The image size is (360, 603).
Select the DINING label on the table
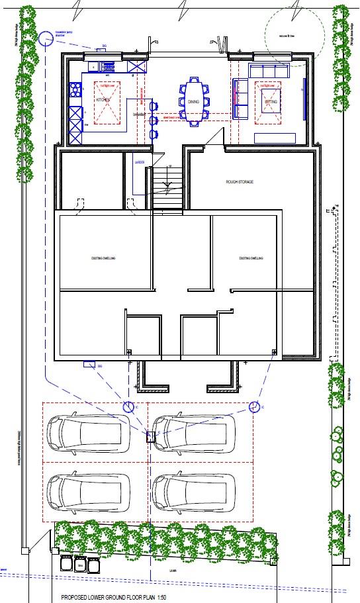(x=194, y=102)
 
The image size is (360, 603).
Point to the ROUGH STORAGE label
(x=240, y=181)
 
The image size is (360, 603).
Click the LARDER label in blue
(x=140, y=162)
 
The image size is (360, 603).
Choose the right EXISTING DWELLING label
(x=251, y=258)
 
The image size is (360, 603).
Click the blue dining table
(x=194, y=101)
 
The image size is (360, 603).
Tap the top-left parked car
(x=85, y=434)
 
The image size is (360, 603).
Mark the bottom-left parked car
(x=85, y=490)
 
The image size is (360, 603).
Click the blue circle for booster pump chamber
(x=46, y=39)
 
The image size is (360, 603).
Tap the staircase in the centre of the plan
(x=168, y=184)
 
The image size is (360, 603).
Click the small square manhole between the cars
(x=150, y=435)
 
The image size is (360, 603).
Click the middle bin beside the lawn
(x=81, y=565)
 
